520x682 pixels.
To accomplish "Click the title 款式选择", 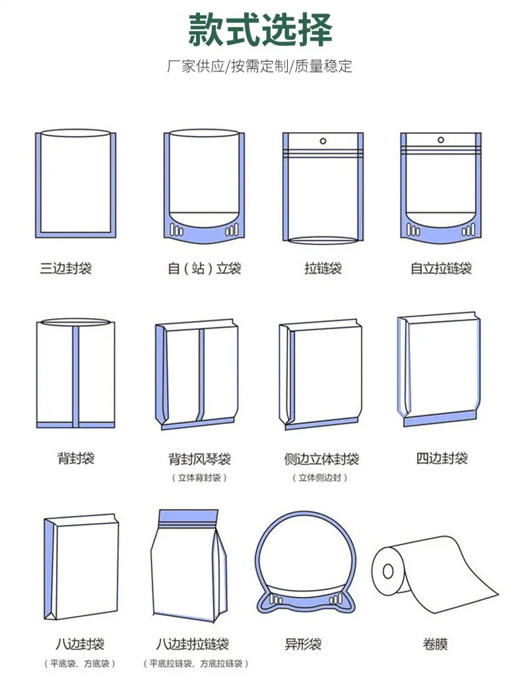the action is (x=260, y=29).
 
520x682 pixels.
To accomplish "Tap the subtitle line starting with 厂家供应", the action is (x=259, y=66).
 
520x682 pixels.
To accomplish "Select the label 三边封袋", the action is (x=65, y=268).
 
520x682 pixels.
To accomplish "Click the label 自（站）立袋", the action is (x=204, y=268).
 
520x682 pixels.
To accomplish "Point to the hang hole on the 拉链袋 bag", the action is (x=323, y=141).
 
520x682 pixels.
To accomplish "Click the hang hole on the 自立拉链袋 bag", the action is (x=441, y=140).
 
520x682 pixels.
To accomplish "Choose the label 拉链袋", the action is (x=323, y=268).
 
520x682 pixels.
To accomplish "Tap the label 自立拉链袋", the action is (x=441, y=268).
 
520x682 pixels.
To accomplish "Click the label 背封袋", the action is (x=76, y=458).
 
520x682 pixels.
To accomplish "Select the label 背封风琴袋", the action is (x=199, y=458).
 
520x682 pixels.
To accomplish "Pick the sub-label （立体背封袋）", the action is (x=199, y=477).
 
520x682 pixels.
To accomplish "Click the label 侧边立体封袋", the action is (x=321, y=458).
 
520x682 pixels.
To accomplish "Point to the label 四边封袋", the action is (x=441, y=458).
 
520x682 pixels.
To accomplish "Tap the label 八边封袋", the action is (x=80, y=644).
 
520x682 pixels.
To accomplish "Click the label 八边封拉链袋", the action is (x=193, y=644).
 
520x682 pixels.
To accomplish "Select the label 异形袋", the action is (x=303, y=644).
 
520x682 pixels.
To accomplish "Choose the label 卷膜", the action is (x=435, y=644).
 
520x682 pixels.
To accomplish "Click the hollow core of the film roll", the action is (x=387, y=571).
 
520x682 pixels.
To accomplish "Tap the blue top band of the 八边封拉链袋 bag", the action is (x=188, y=517).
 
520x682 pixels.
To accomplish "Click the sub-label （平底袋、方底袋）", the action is (x=80, y=664).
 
